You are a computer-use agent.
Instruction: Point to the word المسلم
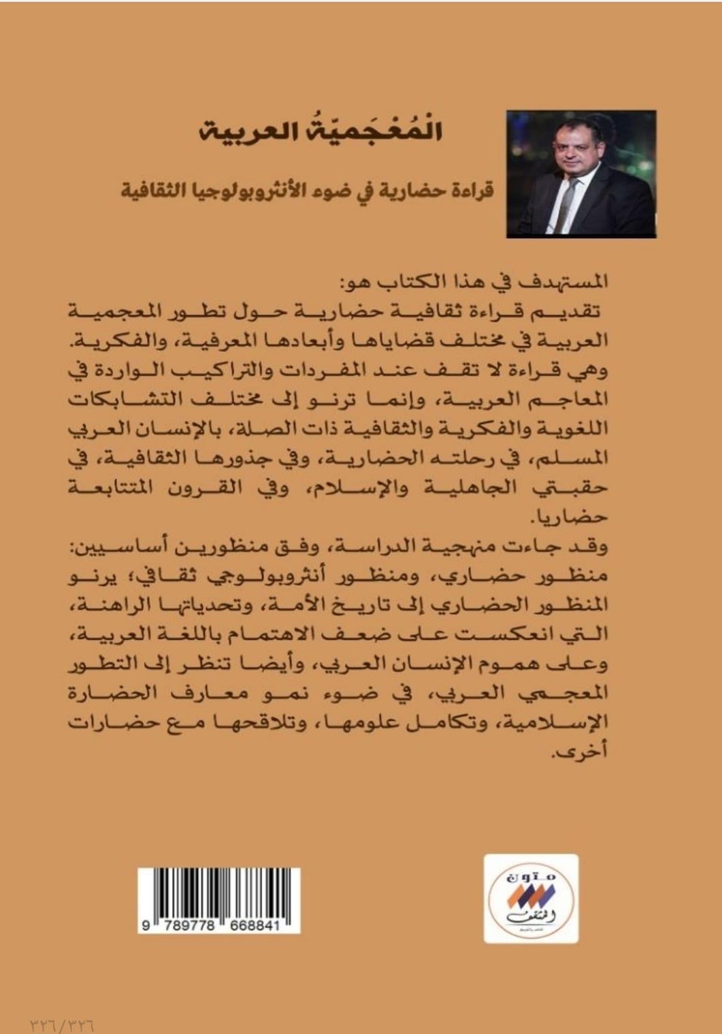pos(578,459)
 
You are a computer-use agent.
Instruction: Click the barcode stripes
pos(218,892)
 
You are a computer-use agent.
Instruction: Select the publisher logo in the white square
pos(531,899)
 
